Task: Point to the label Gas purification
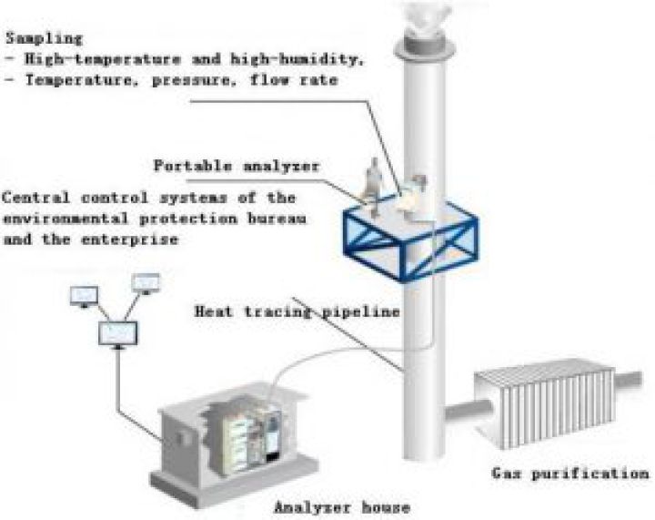(x=570, y=474)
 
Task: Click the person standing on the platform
(x=371, y=178)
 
